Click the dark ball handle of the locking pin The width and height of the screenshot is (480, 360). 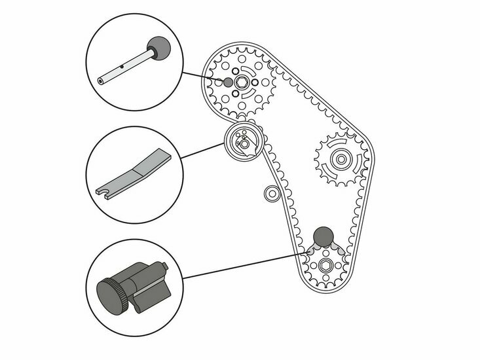click(157, 46)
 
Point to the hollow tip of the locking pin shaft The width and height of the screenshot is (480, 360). click(100, 81)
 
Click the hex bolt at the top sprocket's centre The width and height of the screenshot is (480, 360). click(242, 82)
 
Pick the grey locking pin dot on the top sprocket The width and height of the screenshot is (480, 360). click(227, 82)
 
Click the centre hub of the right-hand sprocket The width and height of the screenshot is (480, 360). click(339, 157)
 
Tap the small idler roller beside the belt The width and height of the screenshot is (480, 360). click(270, 193)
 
